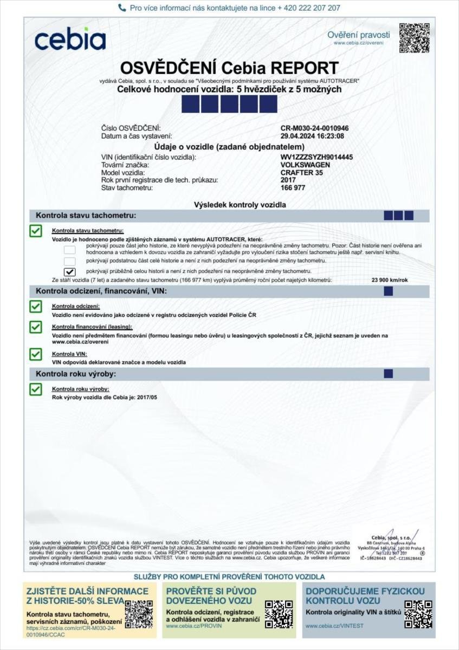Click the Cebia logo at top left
click(70, 39)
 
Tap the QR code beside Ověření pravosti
click(414, 38)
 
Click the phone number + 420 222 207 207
click(309, 8)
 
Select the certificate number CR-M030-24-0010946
click(314, 128)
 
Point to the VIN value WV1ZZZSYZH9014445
click(316, 157)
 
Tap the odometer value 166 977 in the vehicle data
click(293, 187)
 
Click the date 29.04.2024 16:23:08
click(312, 136)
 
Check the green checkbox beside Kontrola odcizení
click(36, 307)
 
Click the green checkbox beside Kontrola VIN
click(36, 354)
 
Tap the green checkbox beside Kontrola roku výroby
click(36, 389)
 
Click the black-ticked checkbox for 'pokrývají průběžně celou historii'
click(69, 271)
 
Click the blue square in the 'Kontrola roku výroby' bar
click(388, 373)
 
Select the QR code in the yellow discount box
click(139, 614)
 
